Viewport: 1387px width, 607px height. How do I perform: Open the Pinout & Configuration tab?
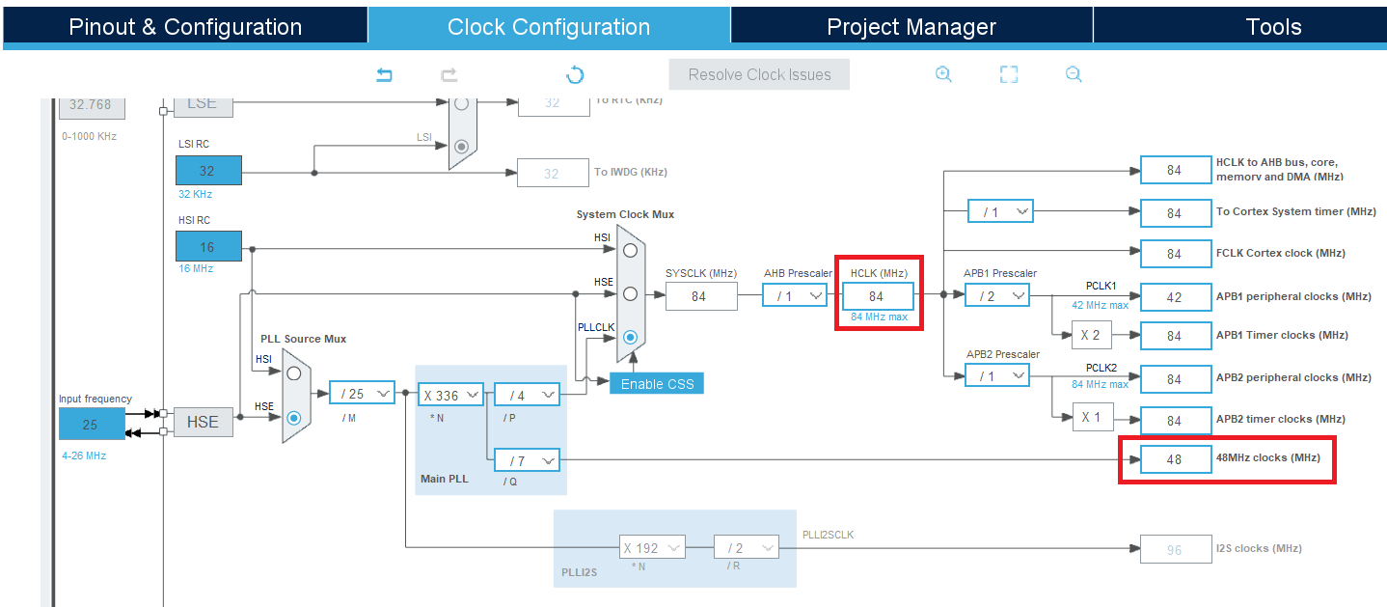point(185,27)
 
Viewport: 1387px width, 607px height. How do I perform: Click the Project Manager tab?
point(911,27)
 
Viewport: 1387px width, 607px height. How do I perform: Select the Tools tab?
point(1273,27)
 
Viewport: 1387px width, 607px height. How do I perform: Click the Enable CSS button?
point(657,383)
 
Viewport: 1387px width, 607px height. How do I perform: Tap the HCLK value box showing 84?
point(877,296)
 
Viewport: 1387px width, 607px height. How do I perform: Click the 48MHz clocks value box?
point(1175,459)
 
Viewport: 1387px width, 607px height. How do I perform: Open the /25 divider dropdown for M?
point(363,394)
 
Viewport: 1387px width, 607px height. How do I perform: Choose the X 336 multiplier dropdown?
point(451,395)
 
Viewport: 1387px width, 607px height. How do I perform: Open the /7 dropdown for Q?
point(527,461)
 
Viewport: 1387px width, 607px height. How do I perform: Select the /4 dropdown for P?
point(527,395)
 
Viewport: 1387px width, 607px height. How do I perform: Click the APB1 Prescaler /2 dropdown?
point(997,296)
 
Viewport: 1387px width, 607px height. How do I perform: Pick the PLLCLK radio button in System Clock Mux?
point(630,337)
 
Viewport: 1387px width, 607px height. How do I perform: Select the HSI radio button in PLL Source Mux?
point(294,372)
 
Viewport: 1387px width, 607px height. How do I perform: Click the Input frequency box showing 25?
point(92,424)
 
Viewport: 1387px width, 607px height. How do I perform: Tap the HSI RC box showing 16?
point(208,247)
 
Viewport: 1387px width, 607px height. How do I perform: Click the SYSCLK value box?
point(701,296)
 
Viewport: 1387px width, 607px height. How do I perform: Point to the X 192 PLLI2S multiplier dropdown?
point(651,548)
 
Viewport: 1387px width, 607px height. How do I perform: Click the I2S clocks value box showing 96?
point(1175,549)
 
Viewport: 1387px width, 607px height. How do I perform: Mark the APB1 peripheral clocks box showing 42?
point(1175,297)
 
